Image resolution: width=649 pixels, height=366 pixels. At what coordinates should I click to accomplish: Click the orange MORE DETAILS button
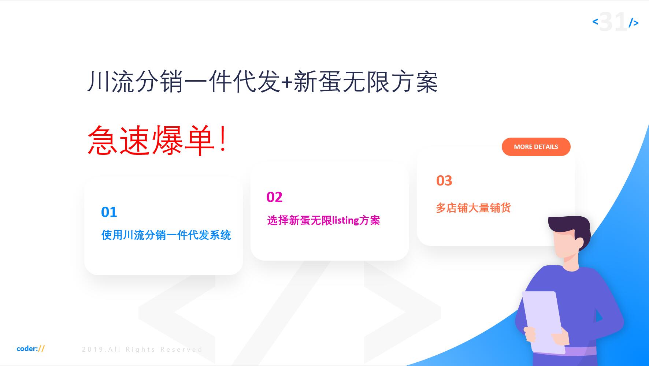click(x=536, y=147)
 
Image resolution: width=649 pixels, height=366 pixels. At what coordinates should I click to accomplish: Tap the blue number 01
click(x=109, y=212)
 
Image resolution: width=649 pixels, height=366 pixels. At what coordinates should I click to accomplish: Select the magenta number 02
click(x=274, y=197)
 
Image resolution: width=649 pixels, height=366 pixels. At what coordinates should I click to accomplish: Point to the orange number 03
click(x=444, y=181)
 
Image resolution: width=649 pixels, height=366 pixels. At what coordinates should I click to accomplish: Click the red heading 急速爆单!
click(x=157, y=140)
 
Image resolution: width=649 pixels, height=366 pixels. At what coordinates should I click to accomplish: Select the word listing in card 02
click(x=345, y=220)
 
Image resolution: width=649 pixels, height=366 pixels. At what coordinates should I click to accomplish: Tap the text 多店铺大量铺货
click(x=473, y=208)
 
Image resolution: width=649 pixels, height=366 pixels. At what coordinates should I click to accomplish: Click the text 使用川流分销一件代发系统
click(x=166, y=235)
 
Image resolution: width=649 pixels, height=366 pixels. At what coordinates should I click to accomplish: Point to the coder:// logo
click(x=31, y=348)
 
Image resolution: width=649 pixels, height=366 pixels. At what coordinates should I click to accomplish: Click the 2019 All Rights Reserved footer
click(x=142, y=350)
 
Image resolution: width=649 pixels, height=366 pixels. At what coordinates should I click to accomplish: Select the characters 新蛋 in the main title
click(x=318, y=82)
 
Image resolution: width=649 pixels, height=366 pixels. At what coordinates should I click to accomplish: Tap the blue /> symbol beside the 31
click(x=634, y=23)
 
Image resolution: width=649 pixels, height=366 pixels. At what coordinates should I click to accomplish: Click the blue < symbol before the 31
click(x=595, y=22)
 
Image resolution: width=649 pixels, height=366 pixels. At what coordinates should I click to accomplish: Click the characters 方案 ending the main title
click(x=414, y=82)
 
